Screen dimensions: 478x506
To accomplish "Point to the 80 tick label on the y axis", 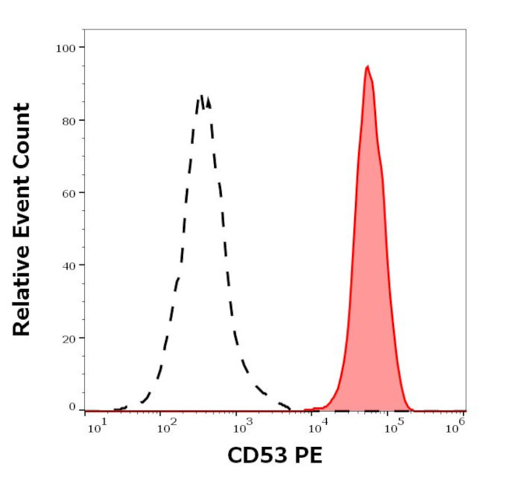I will pyautogui.click(x=69, y=121).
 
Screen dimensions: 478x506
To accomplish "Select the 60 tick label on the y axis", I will pyautogui.click(x=69, y=193).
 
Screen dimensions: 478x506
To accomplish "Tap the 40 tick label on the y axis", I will pyautogui.click(x=69, y=265).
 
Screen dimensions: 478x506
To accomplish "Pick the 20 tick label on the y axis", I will pyautogui.click(x=69, y=339).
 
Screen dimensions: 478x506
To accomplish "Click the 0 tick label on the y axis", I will pyautogui.click(x=72, y=407).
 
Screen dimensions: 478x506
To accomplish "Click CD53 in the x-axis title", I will pyautogui.click(x=254, y=455).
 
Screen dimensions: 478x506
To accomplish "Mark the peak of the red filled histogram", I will pyautogui.click(x=367, y=67).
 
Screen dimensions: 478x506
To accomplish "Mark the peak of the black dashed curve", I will pyautogui.click(x=202, y=97).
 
